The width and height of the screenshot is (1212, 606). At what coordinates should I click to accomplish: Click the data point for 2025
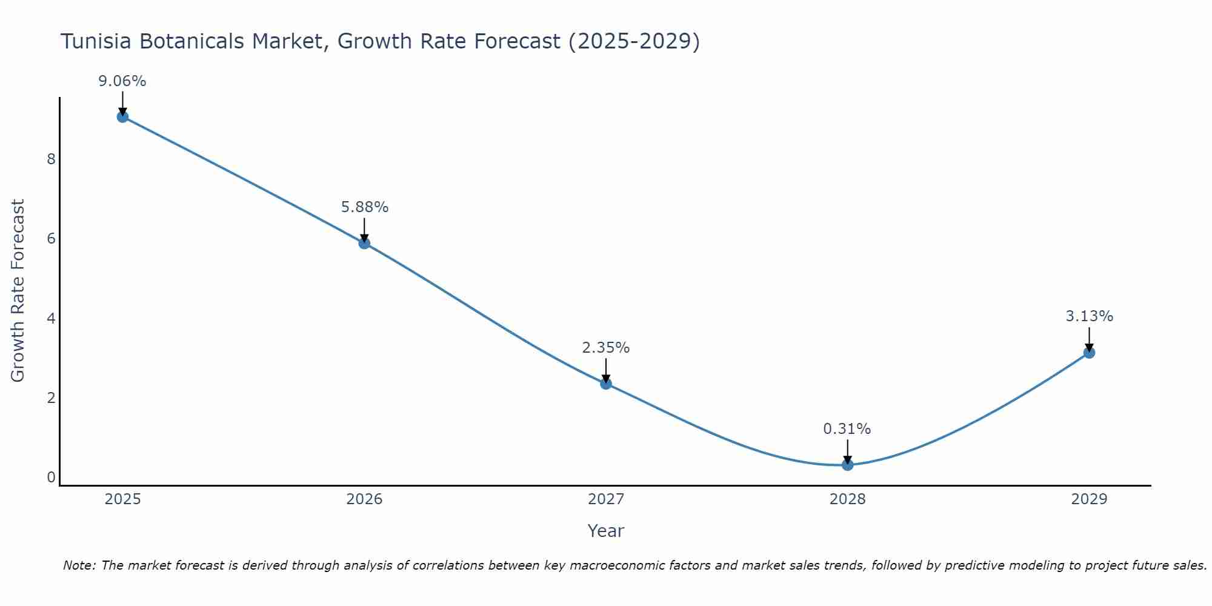[122, 117]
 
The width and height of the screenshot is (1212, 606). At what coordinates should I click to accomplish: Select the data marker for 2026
[364, 243]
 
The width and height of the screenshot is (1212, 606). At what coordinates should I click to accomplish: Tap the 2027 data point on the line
[606, 383]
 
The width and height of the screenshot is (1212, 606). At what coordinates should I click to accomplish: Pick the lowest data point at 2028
[847, 465]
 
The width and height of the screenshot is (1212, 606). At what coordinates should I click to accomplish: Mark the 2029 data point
[1089, 353]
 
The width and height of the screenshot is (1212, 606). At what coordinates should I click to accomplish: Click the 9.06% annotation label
[122, 81]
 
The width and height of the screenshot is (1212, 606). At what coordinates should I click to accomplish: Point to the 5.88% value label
[364, 207]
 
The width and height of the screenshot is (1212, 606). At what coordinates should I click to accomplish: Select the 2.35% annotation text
[606, 348]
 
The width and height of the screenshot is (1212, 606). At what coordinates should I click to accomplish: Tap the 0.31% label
[847, 429]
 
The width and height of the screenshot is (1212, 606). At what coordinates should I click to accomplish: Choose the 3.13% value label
[1089, 316]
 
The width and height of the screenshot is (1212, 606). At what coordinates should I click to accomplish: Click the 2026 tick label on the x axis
[364, 499]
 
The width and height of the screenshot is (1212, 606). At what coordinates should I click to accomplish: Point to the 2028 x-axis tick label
[847, 499]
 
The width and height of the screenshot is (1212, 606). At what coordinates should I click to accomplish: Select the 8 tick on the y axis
[51, 159]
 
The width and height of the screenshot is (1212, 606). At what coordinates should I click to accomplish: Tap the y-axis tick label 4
[51, 318]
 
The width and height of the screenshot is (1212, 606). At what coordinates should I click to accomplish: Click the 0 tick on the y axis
[51, 478]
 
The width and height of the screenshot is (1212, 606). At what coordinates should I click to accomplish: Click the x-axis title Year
[606, 531]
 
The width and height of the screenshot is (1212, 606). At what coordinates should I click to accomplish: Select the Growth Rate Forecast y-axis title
[18, 291]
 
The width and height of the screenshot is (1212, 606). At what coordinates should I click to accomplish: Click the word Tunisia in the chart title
[97, 41]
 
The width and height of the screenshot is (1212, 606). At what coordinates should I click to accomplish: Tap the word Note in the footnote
[79, 565]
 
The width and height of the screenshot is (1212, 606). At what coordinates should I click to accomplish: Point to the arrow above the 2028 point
[847, 451]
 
